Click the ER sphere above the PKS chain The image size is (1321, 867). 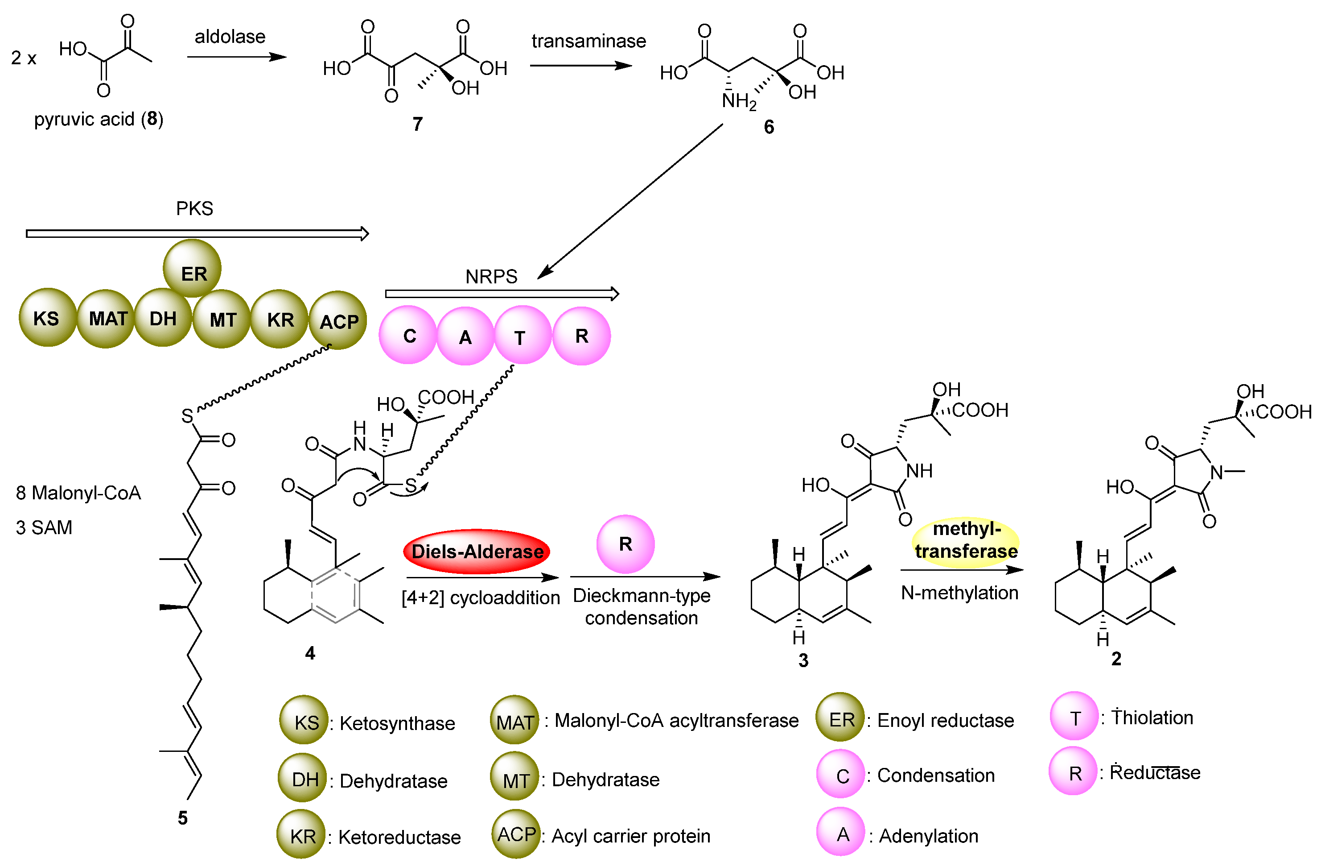[x=193, y=269]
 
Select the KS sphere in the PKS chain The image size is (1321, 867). [x=47, y=318]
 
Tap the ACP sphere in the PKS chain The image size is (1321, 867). [x=337, y=320]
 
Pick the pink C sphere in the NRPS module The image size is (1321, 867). [x=408, y=335]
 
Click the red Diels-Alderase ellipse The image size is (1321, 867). [x=476, y=552]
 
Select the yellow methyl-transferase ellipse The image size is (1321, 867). [x=966, y=540]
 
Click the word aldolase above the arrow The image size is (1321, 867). [x=230, y=37]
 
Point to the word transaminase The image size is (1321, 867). [x=588, y=41]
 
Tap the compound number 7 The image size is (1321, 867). [x=417, y=124]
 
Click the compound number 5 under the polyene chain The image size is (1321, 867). [x=183, y=817]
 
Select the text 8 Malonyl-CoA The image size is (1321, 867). [x=78, y=493]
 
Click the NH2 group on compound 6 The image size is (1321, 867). [x=738, y=102]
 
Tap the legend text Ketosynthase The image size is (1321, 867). [x=397, y=723]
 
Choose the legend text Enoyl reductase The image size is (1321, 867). [x=945, y=720]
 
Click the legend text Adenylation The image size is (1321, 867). [x=928, y=835]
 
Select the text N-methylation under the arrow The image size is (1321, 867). [x=959, y=593]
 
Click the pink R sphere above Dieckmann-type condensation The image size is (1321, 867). [x=625, y=544]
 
